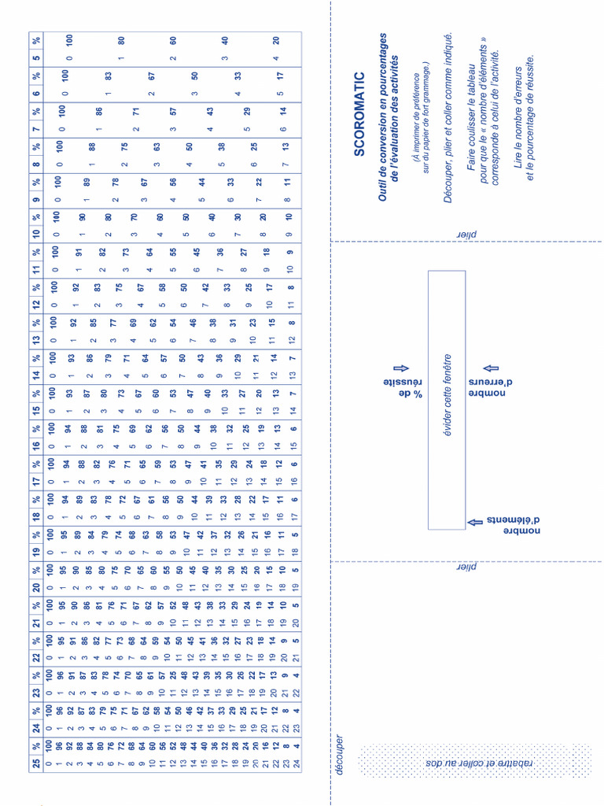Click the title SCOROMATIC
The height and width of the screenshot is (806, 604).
point(360,114)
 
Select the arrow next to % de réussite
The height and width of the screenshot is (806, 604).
point(397,368)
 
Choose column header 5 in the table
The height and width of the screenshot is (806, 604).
point(36,56)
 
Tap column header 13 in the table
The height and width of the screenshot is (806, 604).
point(36,340)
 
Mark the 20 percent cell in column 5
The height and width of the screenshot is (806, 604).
point(276,40)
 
